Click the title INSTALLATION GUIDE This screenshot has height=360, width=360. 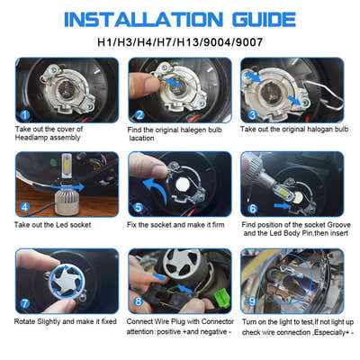click(x=180, y=18)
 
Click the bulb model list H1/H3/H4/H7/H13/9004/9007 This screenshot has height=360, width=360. click(x=180, y=42)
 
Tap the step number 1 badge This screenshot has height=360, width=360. click(x=24, y=114)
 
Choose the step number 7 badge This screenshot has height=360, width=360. click(x=24, y=304)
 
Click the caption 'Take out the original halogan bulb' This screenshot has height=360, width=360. click(x=292, y=130)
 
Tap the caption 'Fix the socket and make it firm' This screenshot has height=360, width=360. click(x=178, y=223)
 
